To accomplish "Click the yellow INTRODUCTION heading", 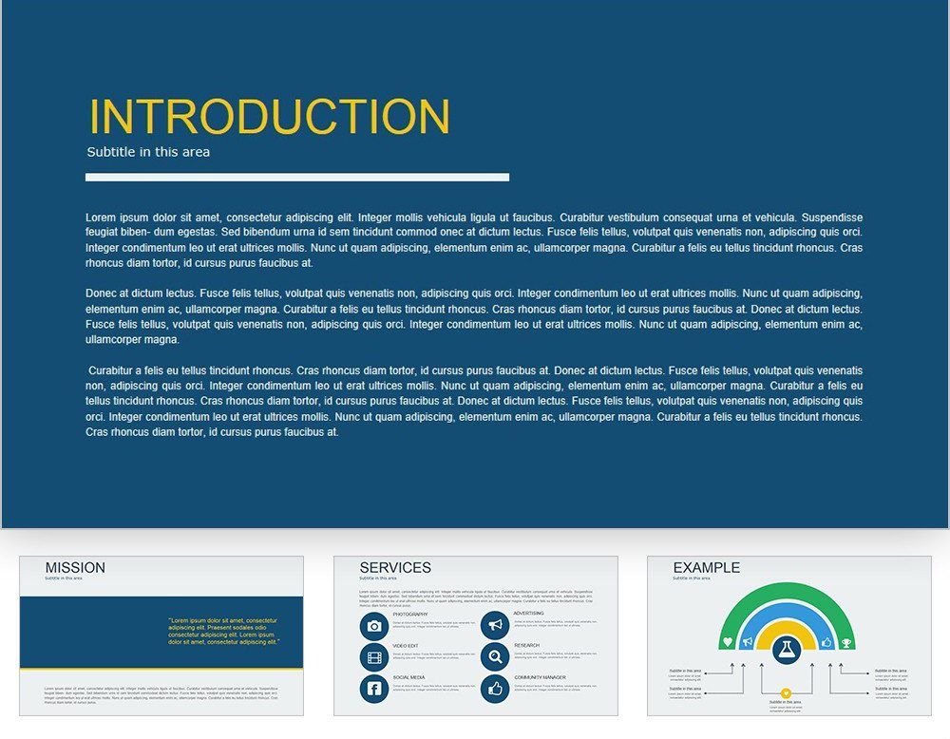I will click(269, 117).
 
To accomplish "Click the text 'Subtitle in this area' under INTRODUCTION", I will click(148, 152).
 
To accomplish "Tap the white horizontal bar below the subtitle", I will click(296, 177).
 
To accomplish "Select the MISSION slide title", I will click(75, 568).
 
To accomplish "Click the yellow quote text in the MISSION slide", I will click(224, 632).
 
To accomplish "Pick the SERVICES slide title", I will click(395, 568).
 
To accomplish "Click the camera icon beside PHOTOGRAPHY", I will click(374, 626).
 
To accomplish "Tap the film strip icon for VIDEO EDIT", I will click(374, 657).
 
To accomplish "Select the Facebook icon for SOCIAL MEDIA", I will click(374, 689).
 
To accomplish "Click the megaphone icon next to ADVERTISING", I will click(494, 625).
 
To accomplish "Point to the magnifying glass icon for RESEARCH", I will click(494, 656).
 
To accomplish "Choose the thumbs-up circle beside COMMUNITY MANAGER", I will click(494, 689).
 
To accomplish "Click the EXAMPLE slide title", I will click(706, 568).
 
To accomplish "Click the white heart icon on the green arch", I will click(728, 642).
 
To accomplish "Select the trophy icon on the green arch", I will click(845, 642).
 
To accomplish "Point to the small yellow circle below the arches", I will click(786, 692).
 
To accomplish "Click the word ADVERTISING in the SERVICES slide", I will click(529, 614).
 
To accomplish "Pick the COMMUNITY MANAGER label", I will click(540, 677).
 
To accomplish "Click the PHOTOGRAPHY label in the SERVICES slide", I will click(410, 615).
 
